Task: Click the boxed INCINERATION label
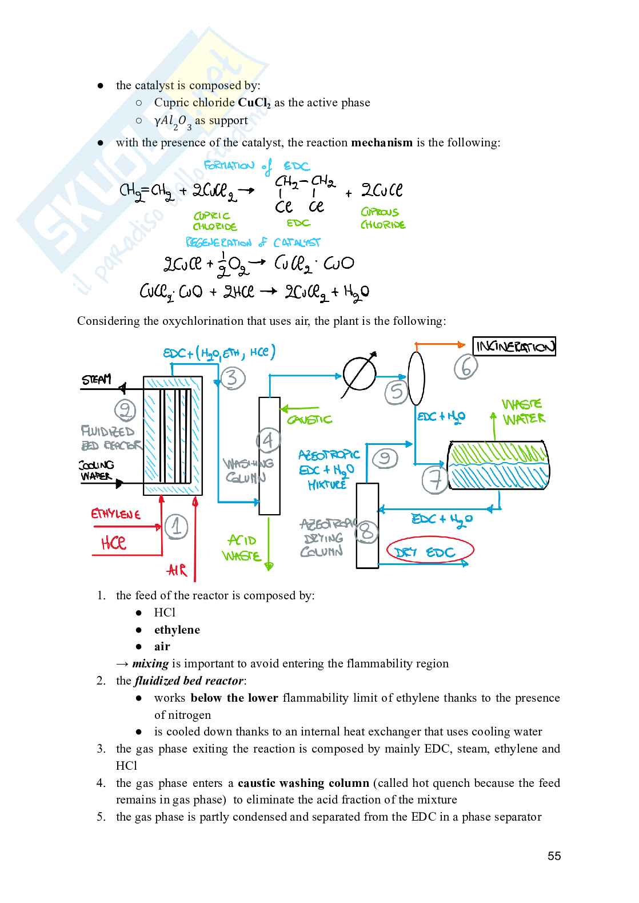pos(515,347)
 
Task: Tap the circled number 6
pos(466,367)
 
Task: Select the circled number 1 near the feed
pos(176,527)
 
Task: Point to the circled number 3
pos(232,378)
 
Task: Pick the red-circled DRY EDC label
pos(430,552)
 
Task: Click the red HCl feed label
pos(114,542)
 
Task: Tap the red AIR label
pos(177,570)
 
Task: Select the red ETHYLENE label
pos(115,514)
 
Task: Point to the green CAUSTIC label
pos(309,420)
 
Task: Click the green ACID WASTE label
pos(242,548)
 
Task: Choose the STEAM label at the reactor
pos(97,380)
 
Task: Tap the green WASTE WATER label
pos(523,412)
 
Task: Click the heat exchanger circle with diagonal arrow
pos(360,375)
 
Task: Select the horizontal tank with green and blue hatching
pos(499,465)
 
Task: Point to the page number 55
pos(554,856)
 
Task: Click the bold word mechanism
pos(381,142)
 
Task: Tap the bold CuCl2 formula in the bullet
pos(254,103)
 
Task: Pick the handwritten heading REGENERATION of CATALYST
pos(253,242)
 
